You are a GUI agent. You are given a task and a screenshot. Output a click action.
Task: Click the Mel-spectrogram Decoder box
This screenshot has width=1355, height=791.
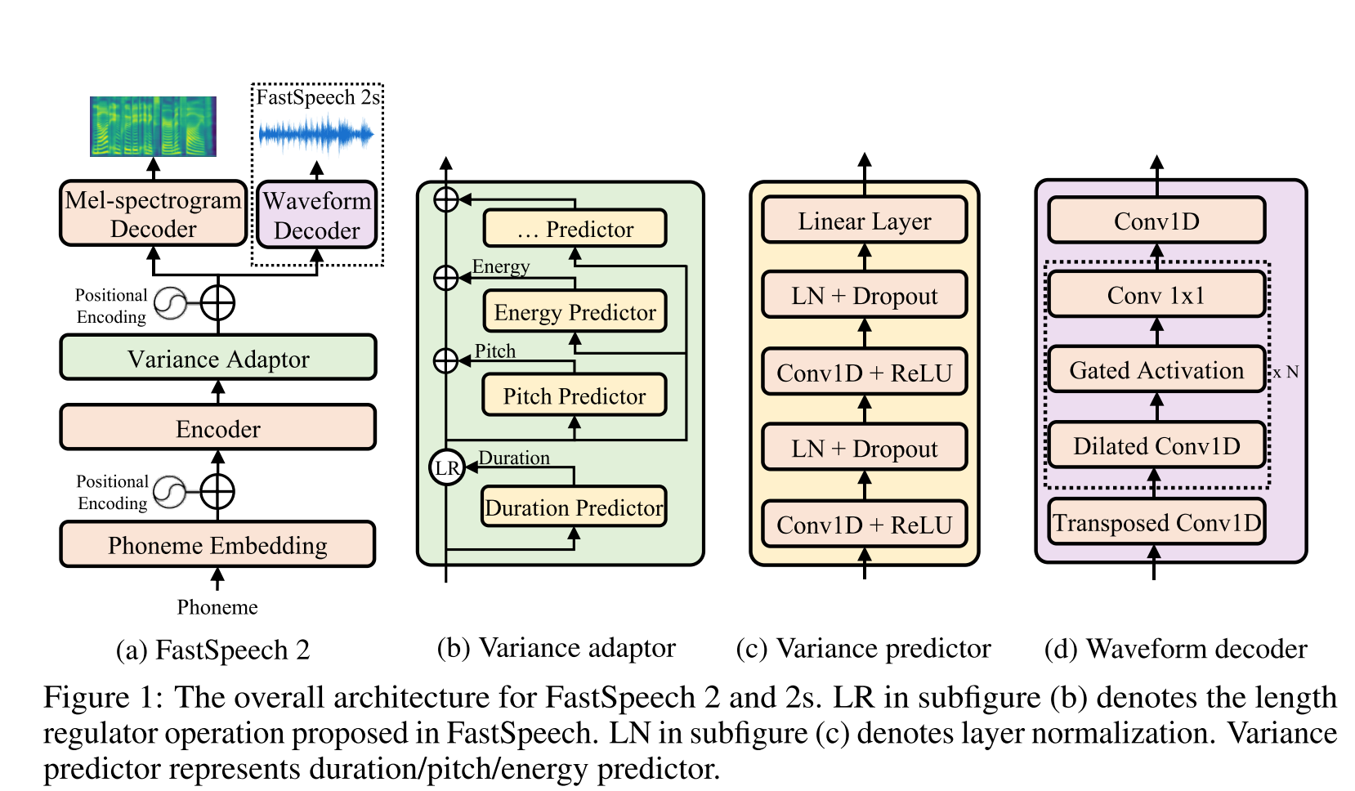click(154, 213)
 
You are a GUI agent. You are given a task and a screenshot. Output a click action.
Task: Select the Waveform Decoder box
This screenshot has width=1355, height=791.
click(316, 215)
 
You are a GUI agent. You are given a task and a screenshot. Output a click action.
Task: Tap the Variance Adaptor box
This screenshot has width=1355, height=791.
click(218, 358)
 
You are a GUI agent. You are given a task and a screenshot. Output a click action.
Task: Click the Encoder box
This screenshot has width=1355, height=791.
click(218, 427)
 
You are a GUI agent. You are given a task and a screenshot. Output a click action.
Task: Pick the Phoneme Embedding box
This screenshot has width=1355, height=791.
click(218, 544)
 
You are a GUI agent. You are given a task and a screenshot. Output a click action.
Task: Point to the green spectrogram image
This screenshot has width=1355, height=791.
click(153, 126)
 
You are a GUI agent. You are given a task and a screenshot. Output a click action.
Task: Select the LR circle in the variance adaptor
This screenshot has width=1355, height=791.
click(446, 467)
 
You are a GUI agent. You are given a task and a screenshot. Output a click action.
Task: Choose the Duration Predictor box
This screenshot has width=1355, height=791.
click(574, 507)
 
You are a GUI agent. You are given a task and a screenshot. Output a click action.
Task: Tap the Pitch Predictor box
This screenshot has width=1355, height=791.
click(574, 395)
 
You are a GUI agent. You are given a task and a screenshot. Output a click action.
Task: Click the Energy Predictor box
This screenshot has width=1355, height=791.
click(575, 311)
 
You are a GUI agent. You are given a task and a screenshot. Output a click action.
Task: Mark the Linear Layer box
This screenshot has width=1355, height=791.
click(865, 221)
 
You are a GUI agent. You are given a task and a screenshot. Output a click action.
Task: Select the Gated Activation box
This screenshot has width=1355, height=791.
click(1156, 370)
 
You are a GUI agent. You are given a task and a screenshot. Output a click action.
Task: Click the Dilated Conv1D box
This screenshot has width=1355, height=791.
click(1156, 445)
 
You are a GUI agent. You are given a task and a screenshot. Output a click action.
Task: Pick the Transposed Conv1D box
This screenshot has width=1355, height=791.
click(1156, 522)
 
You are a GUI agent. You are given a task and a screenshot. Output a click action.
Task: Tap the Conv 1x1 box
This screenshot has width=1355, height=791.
click(1156, 295)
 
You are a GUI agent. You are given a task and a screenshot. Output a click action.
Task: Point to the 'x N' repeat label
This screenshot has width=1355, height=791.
click(1286, 372)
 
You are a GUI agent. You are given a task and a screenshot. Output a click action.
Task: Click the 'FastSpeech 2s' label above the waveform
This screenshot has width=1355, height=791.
click(318, 97)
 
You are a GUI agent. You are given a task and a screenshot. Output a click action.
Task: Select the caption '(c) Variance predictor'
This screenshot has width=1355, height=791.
click(863, 648)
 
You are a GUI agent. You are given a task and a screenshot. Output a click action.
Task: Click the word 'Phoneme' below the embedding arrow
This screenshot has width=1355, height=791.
click(217, 607)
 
